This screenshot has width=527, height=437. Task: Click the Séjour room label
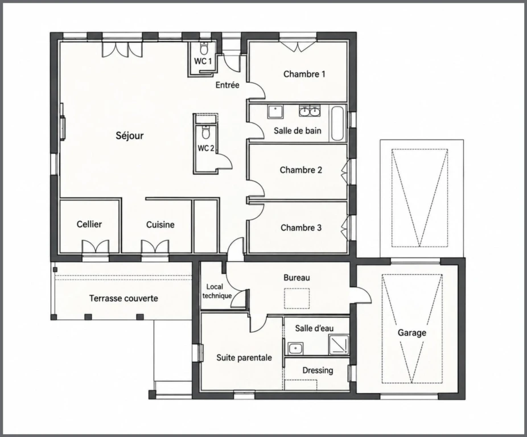click(130, 135)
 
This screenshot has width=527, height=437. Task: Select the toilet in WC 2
click(205, 132)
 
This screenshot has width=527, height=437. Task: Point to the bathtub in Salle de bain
click(338, 123)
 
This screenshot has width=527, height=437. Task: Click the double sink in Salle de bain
click(310, 110)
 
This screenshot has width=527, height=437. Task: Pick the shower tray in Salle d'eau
click(339, 345)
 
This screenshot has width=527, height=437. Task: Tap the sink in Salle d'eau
click(296, 349)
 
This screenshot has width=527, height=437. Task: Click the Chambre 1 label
click(304, 74)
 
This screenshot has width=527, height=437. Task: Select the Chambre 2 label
click(301, 170)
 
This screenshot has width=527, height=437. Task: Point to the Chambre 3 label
click(301, 228)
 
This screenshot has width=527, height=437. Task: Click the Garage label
click(411, 333)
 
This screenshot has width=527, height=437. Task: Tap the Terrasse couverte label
click(123, 298)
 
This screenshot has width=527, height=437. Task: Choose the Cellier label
click(89, 224)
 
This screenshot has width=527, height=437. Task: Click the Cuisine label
click(160, 225)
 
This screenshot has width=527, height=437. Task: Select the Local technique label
click(217, 291)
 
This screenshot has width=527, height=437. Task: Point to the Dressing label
click(318, 370)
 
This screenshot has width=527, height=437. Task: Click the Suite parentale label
click(244, 358)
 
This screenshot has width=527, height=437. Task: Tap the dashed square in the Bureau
click(297, 299)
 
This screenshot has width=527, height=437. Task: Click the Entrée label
click(228, 85)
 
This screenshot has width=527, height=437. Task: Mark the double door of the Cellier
click(96, 246)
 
